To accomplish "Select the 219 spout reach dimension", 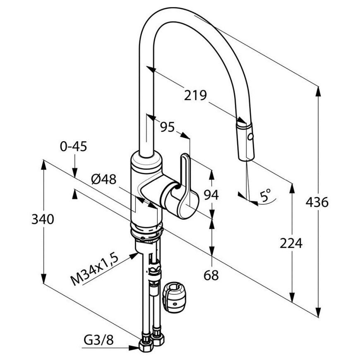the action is pyautogui.click(x=196, y=95).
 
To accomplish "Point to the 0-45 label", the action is pyautogui.click(x=74, y=146).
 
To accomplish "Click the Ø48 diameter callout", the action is pyautogui.click(x=104, y=179).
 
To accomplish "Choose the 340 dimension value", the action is pyautogui.click(x=43, y=219).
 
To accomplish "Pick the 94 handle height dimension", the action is pyautogui.click(x=211, y=195).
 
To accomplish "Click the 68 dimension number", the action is pyautogui.click(x=211, y=275).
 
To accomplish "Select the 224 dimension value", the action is pyautogui.click(x=291, y=243).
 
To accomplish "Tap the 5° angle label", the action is pyautogui.click(x=265, y=196).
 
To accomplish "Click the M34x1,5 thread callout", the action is pyautogui.click(x=94, y=269).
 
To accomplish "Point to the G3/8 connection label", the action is pyautogui.click(x=98, y=340).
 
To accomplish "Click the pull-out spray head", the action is pyautogui.click(x=246, y=141).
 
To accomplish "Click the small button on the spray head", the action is pyautogui.click(x=250, y=137).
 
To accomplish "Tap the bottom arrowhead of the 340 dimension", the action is pyautogui.click(x=43, y=279).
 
